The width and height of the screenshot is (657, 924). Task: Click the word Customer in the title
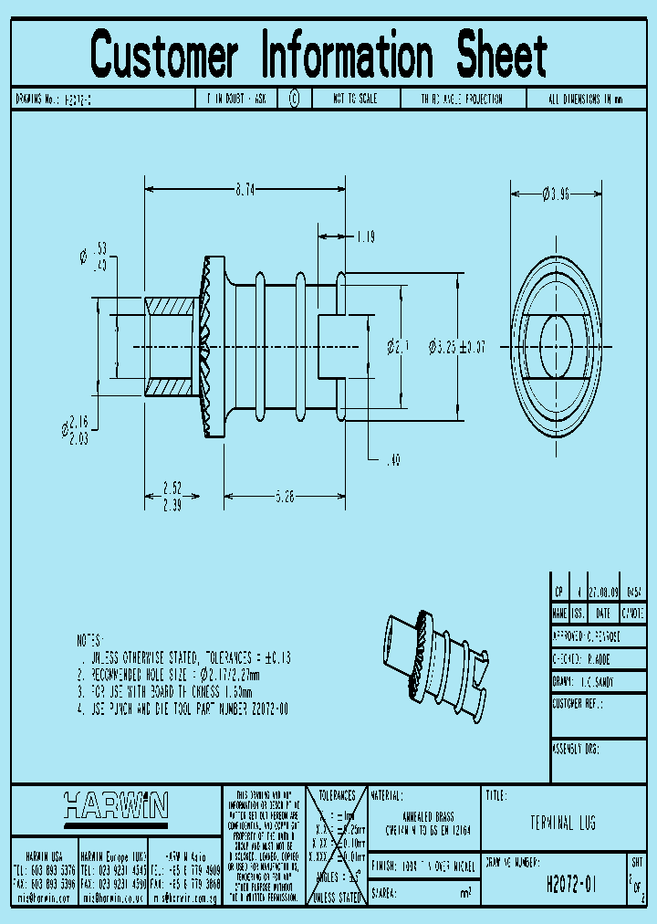[x=165, y=55]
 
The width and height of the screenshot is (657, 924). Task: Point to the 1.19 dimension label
[x=366, y=236]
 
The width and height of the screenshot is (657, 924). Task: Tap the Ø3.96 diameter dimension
[x=555, y=194]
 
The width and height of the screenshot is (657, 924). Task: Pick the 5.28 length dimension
[x=285, y=498]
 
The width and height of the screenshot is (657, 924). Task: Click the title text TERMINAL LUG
[x=562, y=824]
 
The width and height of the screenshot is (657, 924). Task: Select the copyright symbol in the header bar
[x=294, y=99]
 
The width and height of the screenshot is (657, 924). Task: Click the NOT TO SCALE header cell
[x=355, y=99]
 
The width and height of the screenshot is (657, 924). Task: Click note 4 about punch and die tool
[x=183, y=709]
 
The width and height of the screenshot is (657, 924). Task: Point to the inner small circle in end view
[x=555, y=344]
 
